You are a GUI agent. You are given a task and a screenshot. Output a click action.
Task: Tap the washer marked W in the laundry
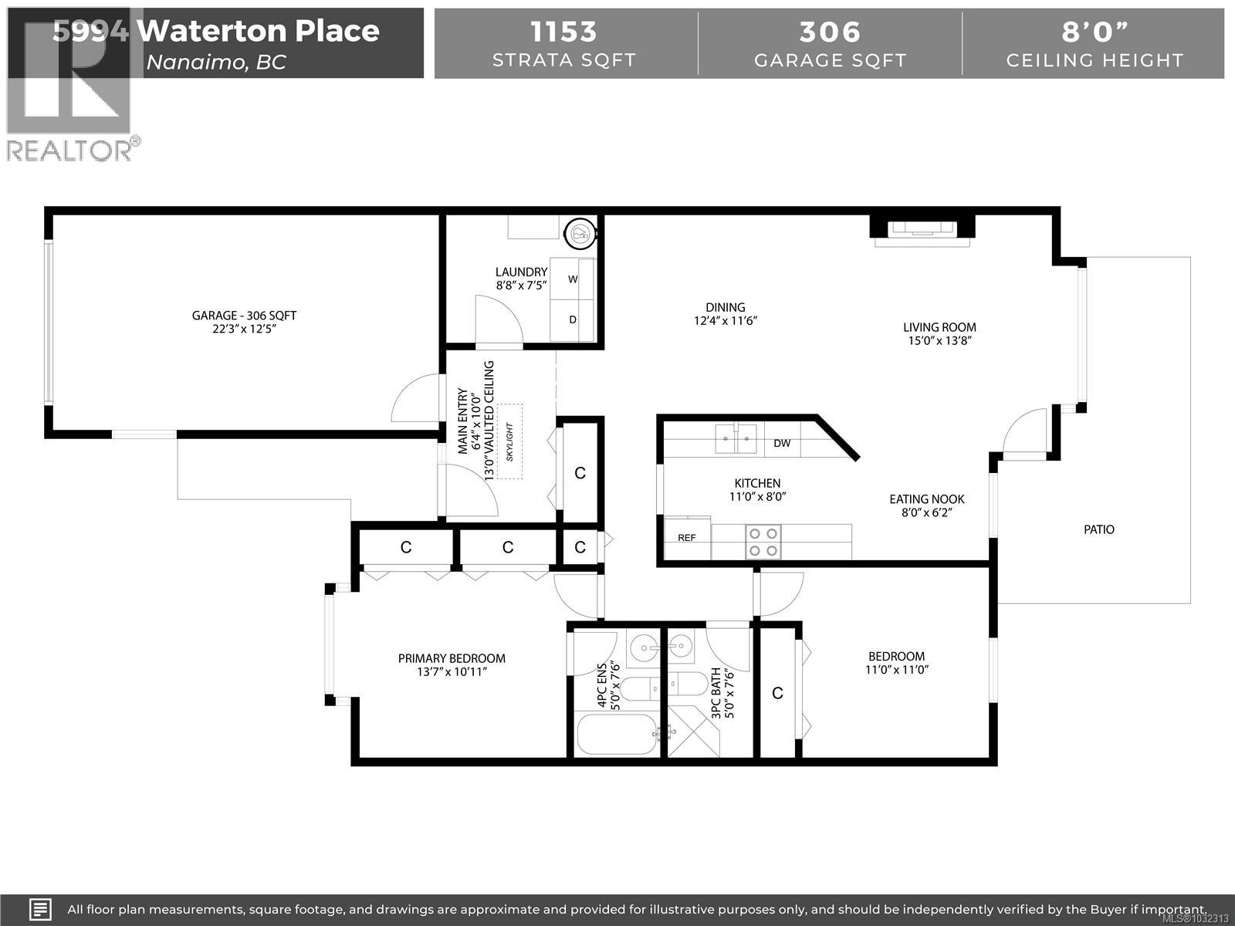coord(573,279)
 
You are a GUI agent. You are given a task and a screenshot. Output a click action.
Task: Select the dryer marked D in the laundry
coord(573,319)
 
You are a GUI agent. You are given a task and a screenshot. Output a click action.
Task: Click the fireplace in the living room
coord(922,230)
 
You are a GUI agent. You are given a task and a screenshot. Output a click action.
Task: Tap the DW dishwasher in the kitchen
coord(782,443)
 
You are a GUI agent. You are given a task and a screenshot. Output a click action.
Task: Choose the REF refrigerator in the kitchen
coord(687,538)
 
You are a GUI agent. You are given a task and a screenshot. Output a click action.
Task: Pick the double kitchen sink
coord(736,438)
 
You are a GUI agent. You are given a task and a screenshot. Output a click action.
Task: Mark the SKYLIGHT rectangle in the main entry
coord(509,441)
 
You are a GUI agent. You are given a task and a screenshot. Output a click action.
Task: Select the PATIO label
coord(1098,529)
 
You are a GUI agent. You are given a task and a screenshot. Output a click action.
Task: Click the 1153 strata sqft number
coord(563,32)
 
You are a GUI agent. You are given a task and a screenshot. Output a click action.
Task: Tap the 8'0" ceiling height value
coord(1094,32)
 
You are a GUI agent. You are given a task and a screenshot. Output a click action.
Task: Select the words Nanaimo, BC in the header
coord(216,63)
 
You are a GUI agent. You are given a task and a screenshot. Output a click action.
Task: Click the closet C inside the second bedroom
coord(777,693)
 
